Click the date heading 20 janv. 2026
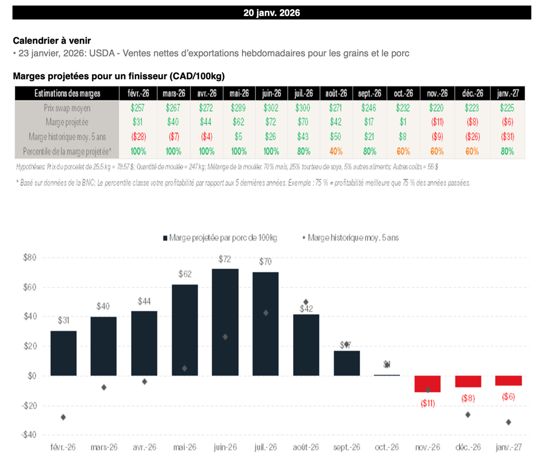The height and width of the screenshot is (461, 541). click(272, 13)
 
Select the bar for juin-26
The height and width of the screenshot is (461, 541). click(225, 322)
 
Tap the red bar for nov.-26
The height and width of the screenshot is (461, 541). click(427, 384)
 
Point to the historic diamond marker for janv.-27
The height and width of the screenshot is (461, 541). click(508, 422)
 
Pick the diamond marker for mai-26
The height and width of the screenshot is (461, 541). click(184, 368)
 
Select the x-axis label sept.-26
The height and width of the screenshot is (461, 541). click(347, 447)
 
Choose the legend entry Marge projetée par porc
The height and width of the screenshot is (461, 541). click(219, 238)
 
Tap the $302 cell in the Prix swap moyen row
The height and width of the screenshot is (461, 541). click(272, 108)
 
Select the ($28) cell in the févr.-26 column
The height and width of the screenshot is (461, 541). click(139, 136)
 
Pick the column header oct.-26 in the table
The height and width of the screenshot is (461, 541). click(404, 94)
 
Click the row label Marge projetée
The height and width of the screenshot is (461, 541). click(67, 122)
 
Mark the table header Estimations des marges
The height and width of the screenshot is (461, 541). click(67, 94)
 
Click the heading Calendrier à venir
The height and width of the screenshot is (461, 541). click(51, 40)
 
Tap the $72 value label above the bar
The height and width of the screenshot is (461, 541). click(225, 259)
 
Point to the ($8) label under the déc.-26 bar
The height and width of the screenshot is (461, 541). click(468, 398)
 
